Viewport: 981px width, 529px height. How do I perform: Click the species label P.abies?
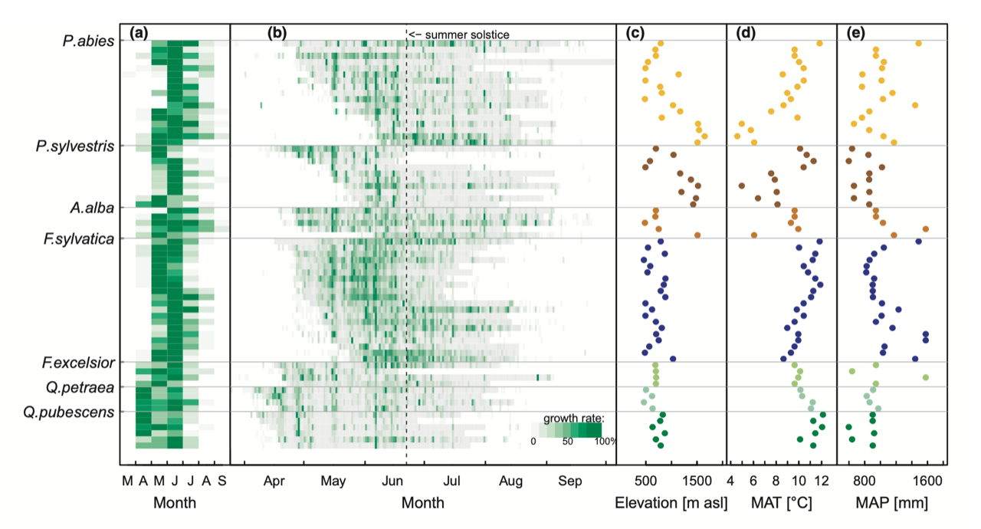(88, 41)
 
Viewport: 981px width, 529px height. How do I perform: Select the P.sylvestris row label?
(75, 146)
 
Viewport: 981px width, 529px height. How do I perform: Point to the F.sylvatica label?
(79, 238)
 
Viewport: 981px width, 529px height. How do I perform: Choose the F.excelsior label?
(79, 362)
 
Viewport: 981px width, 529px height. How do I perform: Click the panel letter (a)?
(139, 33)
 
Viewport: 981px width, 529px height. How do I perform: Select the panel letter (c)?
(635, 33)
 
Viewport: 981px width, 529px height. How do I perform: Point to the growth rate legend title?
(574, 418)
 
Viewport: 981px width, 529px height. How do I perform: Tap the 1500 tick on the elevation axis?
(697, 481)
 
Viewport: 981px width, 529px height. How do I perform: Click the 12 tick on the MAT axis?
(821, 481)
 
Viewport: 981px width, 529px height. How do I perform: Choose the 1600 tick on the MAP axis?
(926, 481)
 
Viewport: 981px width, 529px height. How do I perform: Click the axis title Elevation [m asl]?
(671, 503)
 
